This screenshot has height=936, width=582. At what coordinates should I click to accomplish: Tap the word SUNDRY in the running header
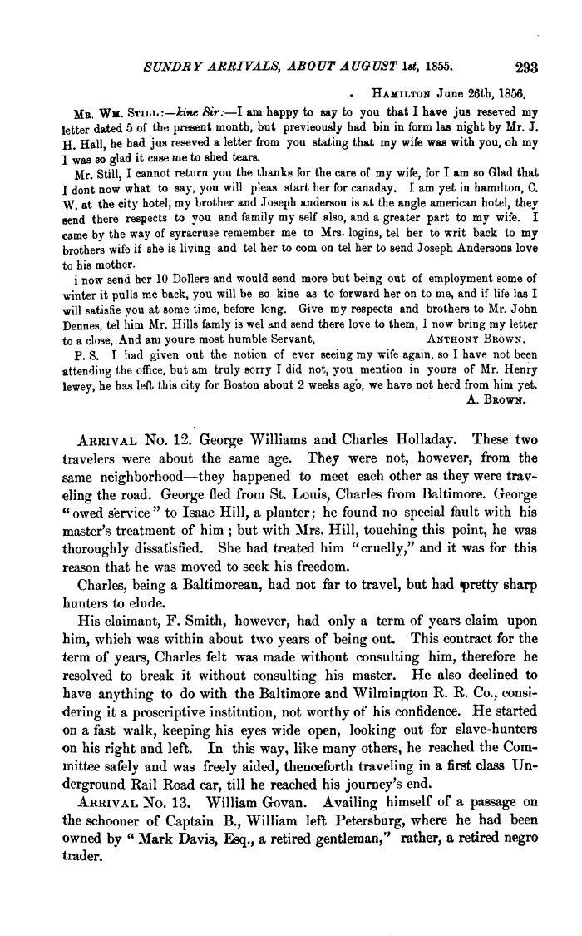(173, 69)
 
